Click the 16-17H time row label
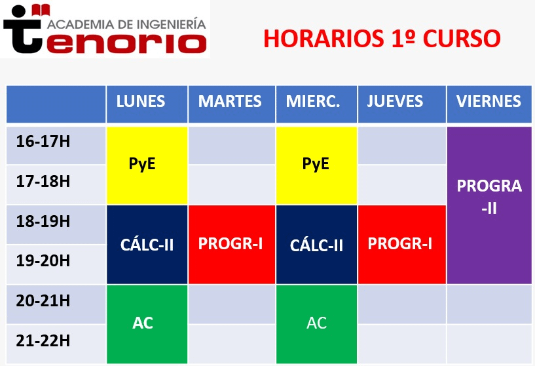43,142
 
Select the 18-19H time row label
43,222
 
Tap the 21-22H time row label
43,340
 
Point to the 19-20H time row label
43,261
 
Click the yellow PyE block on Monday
147,166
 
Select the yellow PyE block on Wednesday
317,166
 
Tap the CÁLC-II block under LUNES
147,245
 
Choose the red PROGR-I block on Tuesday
232,245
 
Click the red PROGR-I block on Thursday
402,245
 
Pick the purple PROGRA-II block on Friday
489,205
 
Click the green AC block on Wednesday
317,324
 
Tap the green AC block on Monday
147,324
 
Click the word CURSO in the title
462,38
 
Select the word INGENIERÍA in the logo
172,24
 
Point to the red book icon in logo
41,10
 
